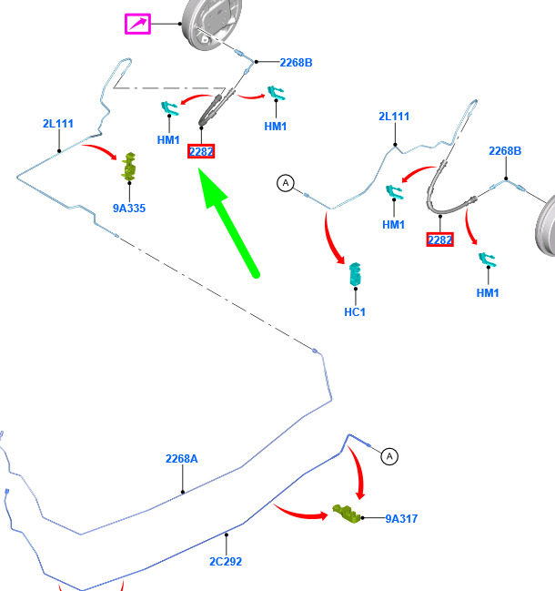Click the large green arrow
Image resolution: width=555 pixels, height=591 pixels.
coord(228,223)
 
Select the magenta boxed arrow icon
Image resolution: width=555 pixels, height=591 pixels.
coord(137,24)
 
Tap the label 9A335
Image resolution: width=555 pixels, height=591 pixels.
coord(129,208)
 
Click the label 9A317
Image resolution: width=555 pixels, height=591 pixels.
coord(401,519)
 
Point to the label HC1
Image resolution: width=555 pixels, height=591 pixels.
coord(355,311)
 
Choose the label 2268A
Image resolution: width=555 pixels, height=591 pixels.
coord(181,459)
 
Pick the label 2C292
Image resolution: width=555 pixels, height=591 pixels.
coord(226,561)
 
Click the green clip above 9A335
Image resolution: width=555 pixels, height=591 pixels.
coord(129,166)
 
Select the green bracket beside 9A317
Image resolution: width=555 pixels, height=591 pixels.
coord(346,514)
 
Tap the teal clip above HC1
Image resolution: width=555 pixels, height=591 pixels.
coord(355,274)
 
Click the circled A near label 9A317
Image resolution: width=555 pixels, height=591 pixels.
coord(389,456)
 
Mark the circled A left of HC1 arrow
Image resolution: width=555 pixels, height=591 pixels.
coord(286,183)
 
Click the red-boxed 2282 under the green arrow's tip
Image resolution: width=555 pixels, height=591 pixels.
coord(201,151)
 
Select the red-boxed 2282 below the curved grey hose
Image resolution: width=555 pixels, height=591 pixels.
coord(439,239)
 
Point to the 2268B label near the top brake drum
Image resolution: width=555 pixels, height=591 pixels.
coord(296,63)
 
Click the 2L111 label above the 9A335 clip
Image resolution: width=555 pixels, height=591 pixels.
coord(58,124)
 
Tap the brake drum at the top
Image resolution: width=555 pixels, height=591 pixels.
coord(211,23)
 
